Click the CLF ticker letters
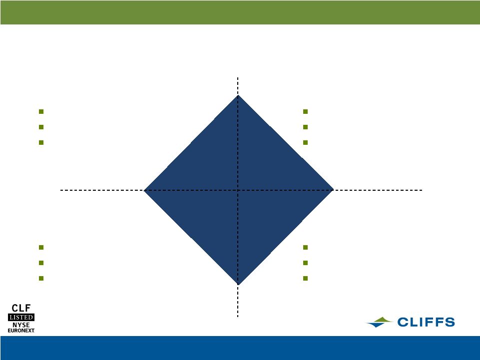click(x=21, y=308)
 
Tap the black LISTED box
click(x=21, y=317)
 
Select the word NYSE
click(x=21, y=325)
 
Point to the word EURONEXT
click(x=21, y=331)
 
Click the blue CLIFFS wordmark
click(x=426, y=322)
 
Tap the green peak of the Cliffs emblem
click(x=382, y=320)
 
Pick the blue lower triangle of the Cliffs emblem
click(x=377, y=325)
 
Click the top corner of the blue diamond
click(x=238, y=95)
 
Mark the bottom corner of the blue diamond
click(x=238, y=285)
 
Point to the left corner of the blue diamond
click(x=143, y=190)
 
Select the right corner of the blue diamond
click(x=333, y=190)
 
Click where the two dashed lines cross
click(x=238, y=190)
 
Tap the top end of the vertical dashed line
click(x=238, y=77)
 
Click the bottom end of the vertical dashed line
click(x=238, y=317)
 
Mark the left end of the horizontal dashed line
click(x=60, y=190)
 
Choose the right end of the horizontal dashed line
click(x=423, y=190)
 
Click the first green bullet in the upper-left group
click(x=41, y=112)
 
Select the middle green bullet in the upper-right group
click(x=305, y=127)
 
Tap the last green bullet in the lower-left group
click(x=41, y=278)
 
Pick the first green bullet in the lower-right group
click(x=305, y=247)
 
